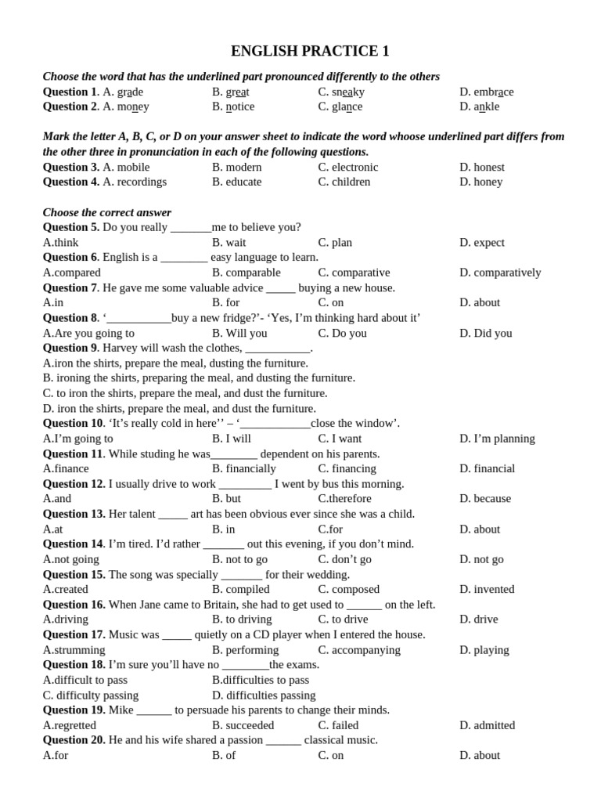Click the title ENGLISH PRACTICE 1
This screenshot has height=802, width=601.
[x=310, y=52]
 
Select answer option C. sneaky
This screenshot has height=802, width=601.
[x=341, y=92]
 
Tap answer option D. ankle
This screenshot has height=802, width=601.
[x=479, y=107]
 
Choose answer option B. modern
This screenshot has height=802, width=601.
[x=237, y=167]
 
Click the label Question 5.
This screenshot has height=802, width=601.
[x=70, y=227]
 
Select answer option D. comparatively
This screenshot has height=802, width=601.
[x=500, y=273]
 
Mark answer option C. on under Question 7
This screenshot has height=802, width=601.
[x=331, y=302]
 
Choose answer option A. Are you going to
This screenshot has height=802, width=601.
[x=88, y=333]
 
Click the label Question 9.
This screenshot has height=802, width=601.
[x=70, y=348]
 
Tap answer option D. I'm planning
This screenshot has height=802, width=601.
[x=497, y=439]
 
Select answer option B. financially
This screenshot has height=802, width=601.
[x=244, y=468]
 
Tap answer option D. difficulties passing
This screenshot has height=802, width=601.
[x=264, y=695]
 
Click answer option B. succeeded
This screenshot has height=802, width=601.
[x=243, y=725]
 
